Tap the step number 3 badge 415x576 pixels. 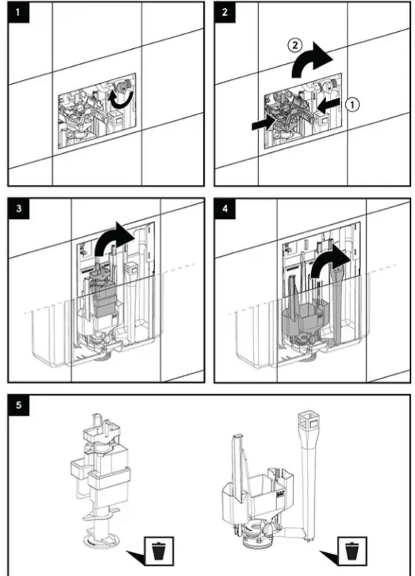click(16, 208)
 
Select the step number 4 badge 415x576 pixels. click(223, 208)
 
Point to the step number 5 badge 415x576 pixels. click(16, 405)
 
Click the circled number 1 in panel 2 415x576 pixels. click(355, 105)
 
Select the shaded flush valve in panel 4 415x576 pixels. click(306, 314)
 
